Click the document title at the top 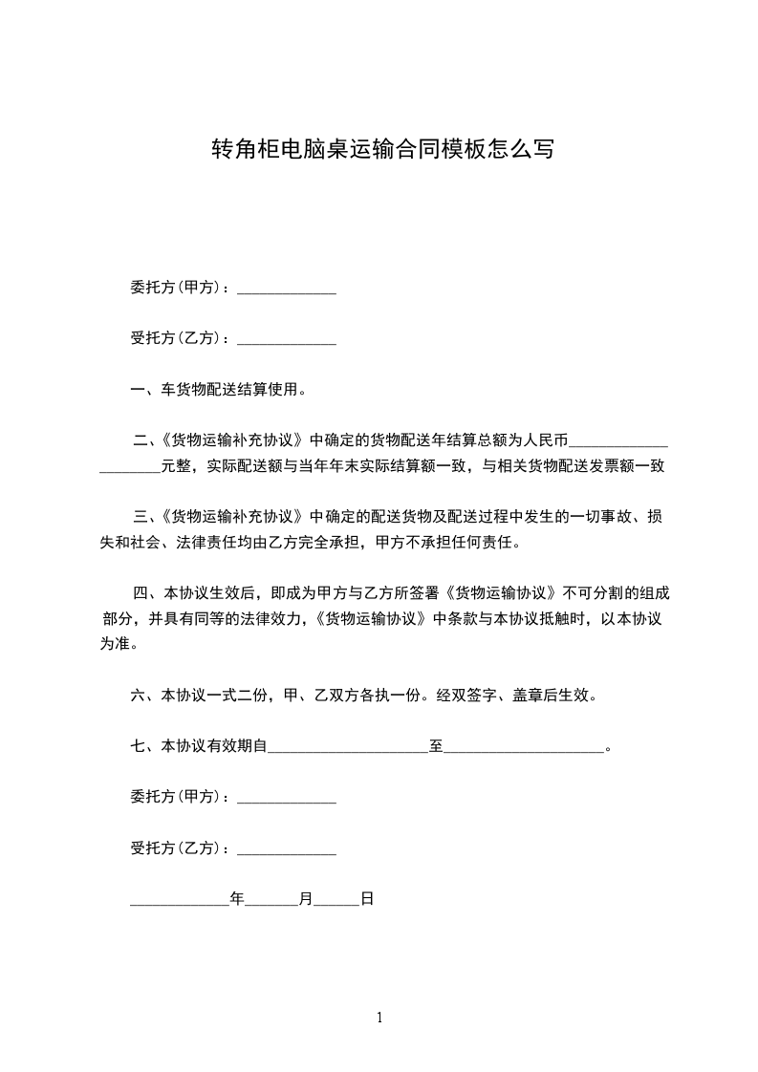coord(381,149)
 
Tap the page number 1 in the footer coord(379,1018)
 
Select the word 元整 coord(176,466)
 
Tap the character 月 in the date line coord(306,899)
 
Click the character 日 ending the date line coord(366,899)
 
